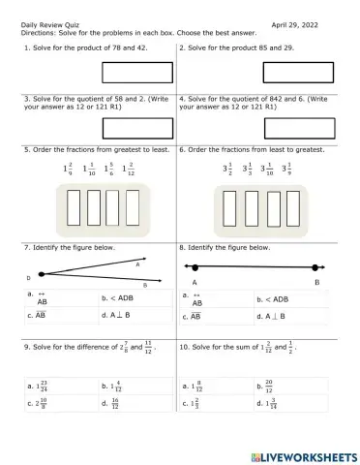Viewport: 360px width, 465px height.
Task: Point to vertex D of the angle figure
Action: click(x=30, y=276)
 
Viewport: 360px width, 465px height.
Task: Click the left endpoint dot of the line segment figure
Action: click(x=195, y=267)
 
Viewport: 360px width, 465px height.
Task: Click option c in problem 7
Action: click(x=42, y=315)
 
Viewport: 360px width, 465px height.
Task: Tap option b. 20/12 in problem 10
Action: click(x=275, y=386)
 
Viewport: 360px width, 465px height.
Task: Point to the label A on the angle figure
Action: click(x=138, y=263)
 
